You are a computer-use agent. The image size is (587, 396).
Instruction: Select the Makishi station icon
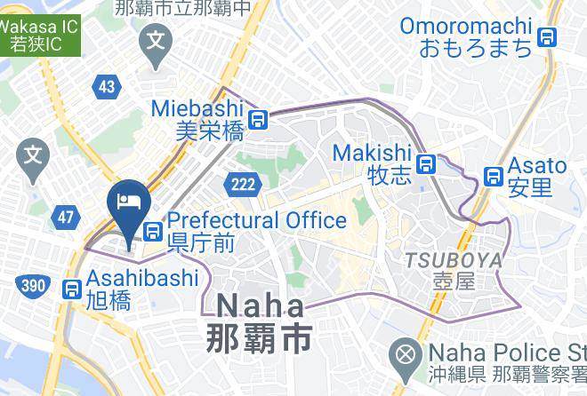[428, 164]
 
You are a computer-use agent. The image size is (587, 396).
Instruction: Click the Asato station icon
[492, 176]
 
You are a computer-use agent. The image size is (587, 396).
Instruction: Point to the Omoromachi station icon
[548, 37]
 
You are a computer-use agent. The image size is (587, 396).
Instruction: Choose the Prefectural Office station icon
[153, 231]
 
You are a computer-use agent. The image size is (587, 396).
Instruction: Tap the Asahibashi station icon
[72, 289]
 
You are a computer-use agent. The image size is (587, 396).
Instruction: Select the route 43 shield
[107, 86]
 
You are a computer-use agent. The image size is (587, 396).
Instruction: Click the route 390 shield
[31, 284]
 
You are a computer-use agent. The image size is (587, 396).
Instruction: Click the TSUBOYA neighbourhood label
[453, 260]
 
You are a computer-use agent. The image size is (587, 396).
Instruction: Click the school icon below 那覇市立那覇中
[157, 40]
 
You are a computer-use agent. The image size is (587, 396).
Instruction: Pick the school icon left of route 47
[33, 156]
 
